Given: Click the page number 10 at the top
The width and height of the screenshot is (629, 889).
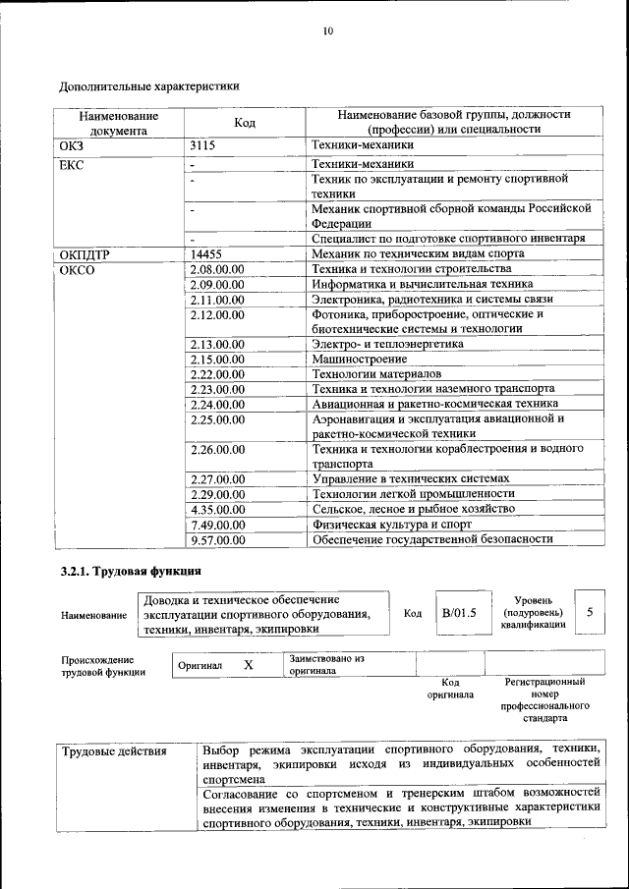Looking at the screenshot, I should point(328,31).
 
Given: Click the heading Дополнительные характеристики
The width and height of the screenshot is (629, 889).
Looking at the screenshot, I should point(149,85).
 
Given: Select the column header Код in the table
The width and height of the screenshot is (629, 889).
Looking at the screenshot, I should point(245,122).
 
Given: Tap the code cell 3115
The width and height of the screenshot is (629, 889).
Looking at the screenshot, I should point(203,145).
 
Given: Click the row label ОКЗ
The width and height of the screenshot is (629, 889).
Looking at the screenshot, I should point(72,145).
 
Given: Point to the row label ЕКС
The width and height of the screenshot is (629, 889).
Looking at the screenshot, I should point(72,164).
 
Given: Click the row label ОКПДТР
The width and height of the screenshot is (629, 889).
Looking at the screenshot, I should point(85,253).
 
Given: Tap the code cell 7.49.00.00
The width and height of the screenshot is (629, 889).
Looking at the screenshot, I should point(217,525).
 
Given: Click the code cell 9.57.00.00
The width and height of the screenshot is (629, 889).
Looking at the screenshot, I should point(217,539).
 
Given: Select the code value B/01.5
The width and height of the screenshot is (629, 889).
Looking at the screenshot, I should point(458,613).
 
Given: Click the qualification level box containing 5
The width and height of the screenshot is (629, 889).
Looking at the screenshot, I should point(590,612).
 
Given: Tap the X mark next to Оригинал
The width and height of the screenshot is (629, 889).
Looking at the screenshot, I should point(249,665).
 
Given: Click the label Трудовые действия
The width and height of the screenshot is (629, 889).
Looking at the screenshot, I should point(114,752).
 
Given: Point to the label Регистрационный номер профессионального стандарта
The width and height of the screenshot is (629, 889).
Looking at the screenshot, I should point(544,699).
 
